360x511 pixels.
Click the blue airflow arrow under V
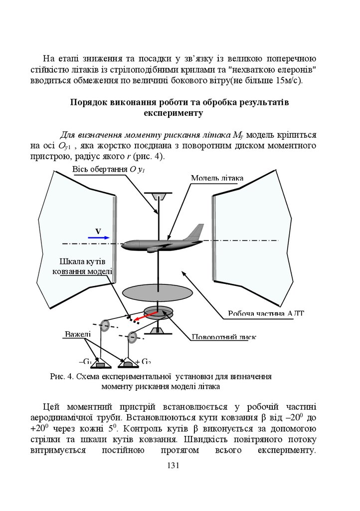(99, 238)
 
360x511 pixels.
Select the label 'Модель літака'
(217, 178)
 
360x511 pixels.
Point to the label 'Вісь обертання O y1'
(109, 170)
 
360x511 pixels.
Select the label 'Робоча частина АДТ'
(266, 313)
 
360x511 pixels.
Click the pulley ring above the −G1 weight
(104, 325)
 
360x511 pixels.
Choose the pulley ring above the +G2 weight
(132, 337)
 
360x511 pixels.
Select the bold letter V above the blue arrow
(98, 231)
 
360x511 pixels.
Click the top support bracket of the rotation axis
(158, 194)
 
